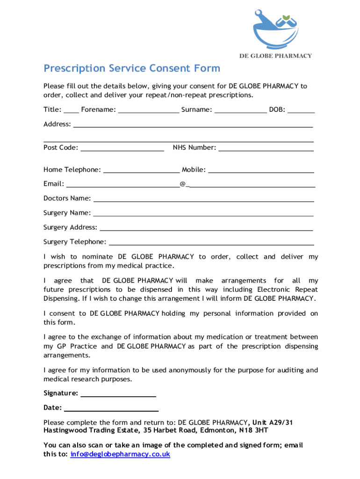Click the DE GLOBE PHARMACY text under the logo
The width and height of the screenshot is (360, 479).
pos(275,56)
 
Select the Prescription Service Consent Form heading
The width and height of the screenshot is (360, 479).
pos(131,69)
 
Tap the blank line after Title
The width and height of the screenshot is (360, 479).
pos(71,111)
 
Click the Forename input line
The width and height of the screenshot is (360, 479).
pos(149,111)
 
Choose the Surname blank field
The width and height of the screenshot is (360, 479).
pos(240,111)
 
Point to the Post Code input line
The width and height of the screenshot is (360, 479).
pos(122,149)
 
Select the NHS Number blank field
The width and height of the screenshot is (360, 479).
pos(266,149)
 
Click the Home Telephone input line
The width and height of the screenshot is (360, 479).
pos(141,171)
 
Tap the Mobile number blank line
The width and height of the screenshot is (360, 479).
pos(261,171)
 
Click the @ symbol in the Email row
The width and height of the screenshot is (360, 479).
pos(182,184)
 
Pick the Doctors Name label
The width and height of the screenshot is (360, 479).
pos(67,198)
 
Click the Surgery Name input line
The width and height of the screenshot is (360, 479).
pos(203,214)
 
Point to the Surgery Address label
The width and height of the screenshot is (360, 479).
pos(70,228)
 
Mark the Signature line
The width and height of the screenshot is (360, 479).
pos(118,394)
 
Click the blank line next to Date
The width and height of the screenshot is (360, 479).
pos(111,408)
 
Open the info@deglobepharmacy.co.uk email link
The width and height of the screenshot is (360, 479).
pos(120,454)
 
